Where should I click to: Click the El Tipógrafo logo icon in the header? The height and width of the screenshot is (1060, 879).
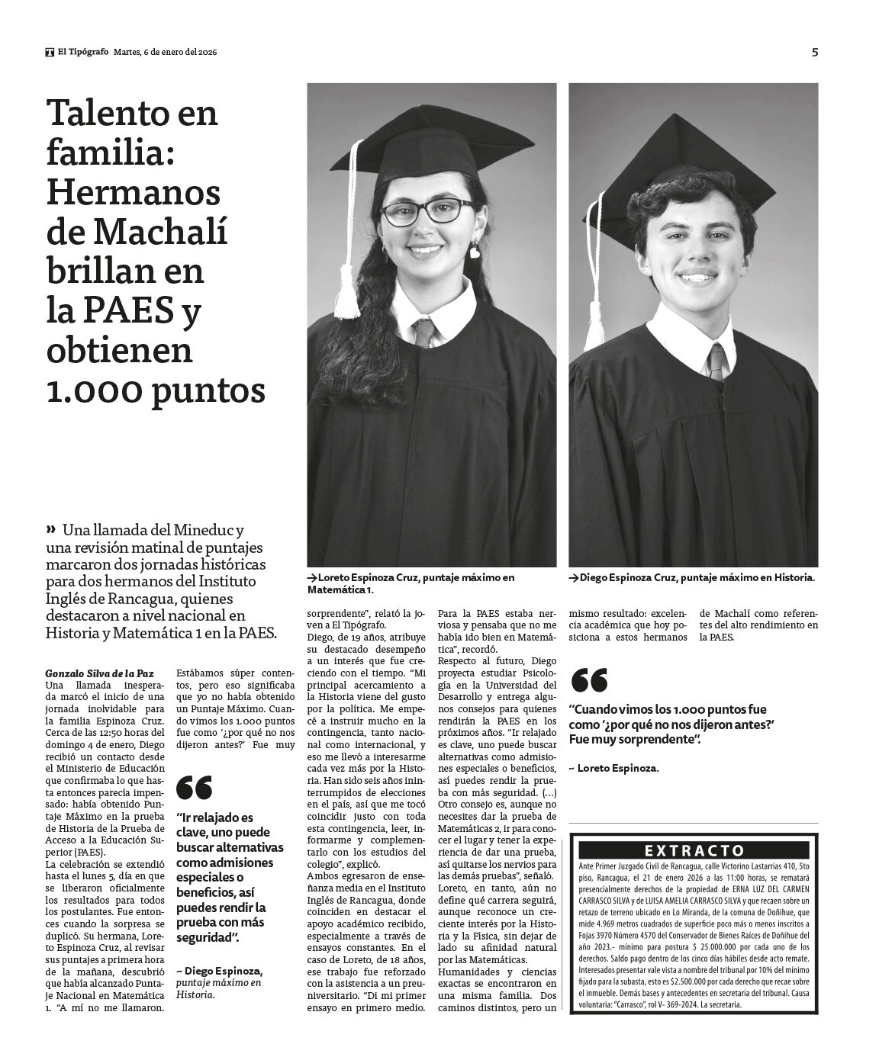(50, 52)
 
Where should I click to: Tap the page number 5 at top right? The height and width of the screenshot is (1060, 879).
(814, 52)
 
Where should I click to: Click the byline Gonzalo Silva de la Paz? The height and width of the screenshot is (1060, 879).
(99, 673)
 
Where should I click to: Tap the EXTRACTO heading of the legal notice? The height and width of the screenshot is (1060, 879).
(694, 850)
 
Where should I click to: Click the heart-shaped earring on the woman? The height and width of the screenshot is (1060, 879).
(474, 249)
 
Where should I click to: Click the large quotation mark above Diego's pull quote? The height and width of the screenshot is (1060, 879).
(194, 786)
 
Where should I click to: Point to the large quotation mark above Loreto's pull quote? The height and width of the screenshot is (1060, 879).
(588, 680)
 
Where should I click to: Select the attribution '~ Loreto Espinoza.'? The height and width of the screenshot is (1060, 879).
(613, 768)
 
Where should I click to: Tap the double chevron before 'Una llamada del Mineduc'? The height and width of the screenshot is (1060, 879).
(51, 528)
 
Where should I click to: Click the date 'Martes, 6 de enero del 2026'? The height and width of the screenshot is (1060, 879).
(166, 52)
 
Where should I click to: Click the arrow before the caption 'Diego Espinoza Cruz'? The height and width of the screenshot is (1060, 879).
(574, 578)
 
